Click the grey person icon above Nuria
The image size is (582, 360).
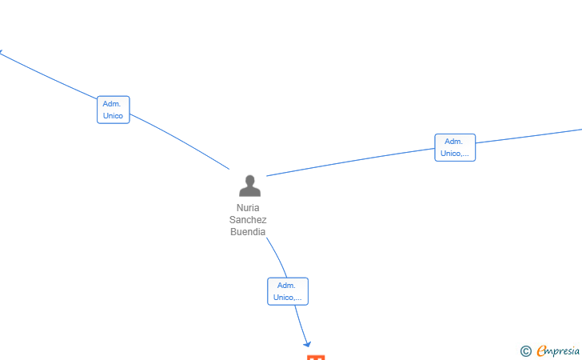tap(249, 186)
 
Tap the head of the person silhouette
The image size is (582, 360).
tap(249, 180)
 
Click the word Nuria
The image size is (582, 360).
tap(248, 208)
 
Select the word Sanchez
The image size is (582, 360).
tap(248, 219)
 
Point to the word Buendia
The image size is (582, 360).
tap(248, 232)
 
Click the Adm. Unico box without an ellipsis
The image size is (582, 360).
tap(114, 110)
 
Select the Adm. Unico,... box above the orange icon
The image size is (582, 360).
tap(288, 291)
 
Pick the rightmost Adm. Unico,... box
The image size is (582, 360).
tap(455, 147)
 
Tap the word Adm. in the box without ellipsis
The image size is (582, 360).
tap(112, 104)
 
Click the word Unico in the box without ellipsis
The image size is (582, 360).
tap(113, 115)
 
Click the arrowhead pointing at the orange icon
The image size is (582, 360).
tap(307, 344)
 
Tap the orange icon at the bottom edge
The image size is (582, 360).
tap(316, 358)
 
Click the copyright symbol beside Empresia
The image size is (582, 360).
tap(526, 351)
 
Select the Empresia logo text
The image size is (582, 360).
tap(558, 350)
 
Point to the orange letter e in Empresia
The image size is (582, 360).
tap(541, 350)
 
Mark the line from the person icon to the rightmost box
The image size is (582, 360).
tap(350, 162)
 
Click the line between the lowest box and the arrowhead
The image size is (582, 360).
tap(301, 324)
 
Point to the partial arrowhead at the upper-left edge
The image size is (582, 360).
tap(1, 52)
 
